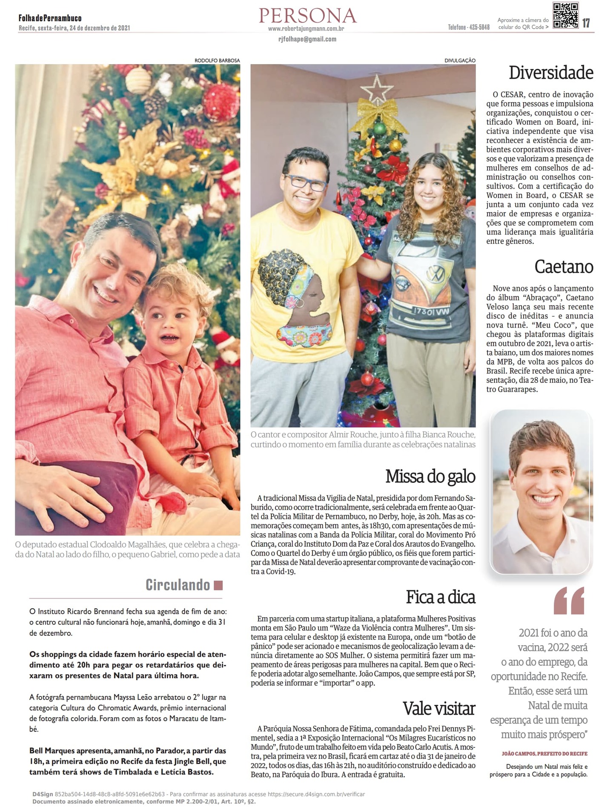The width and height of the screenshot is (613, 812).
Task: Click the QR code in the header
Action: [x=565, y=16]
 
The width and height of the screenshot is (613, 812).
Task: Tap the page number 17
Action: [x=586, y=23]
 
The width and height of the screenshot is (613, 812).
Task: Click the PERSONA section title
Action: [x=307, y=16]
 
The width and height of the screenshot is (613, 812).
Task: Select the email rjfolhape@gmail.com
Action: [x=307, y=39]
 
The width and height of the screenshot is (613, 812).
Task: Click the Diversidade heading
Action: [x=551, y=73]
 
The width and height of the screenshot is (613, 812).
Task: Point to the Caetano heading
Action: [x=564, y=267]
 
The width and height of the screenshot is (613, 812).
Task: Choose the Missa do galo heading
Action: [x=430, y=476]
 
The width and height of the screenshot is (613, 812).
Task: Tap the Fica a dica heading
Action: [x=440, y=597]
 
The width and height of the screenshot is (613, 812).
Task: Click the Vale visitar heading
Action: [x=439, y=709]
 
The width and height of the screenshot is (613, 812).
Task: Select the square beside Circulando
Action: [x=218, y=585]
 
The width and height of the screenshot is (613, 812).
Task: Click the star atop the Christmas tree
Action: [x=376, y=89]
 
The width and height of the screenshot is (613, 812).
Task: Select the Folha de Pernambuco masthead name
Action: [x=50, y=18]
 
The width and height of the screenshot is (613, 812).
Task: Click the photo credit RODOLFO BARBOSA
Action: [x=217, y=60]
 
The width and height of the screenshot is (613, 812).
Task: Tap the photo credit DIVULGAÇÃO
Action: [x=460, y=60]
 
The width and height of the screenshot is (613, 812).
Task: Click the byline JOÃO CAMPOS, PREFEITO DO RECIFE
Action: [x=544, y=753]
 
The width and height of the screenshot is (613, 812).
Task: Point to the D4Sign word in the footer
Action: [x=43, y=794]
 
